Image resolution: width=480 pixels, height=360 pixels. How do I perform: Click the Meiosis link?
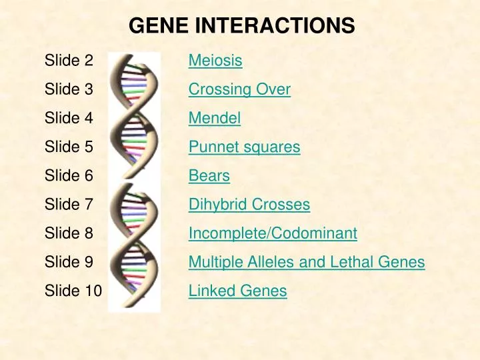tap(215, 61)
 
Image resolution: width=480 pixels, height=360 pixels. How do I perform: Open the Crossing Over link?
tap(239, 89)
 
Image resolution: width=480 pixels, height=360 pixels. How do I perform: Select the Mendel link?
tap(214, 119)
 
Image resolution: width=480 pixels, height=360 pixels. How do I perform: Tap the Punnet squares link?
tap(244, 147)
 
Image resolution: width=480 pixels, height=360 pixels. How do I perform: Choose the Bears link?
tap(209, 176)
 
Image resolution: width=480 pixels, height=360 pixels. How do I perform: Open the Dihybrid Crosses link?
tap(249, 205)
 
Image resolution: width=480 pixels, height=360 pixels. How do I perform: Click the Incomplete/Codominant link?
tap(273, 233)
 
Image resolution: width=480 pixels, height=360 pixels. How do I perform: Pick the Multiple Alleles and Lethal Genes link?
tap(306, 262)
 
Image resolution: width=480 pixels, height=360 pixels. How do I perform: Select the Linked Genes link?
tap(237, 291)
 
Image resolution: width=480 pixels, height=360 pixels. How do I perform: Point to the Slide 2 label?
tap(69, 61)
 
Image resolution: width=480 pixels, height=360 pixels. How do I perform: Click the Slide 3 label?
tap(69, 89)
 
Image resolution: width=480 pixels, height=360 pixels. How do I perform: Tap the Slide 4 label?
tap(69, 119)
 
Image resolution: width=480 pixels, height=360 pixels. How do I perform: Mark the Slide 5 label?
tap(69, 147)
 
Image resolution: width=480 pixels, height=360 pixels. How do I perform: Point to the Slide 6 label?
tap(69, 176)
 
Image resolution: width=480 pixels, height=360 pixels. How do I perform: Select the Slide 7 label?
tap(69, 205)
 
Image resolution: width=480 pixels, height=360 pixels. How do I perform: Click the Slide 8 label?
tap(69, 233)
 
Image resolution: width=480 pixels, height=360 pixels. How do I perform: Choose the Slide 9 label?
tap(69, 262)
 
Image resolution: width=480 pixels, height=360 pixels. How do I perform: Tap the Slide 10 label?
tap(73, 291)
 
